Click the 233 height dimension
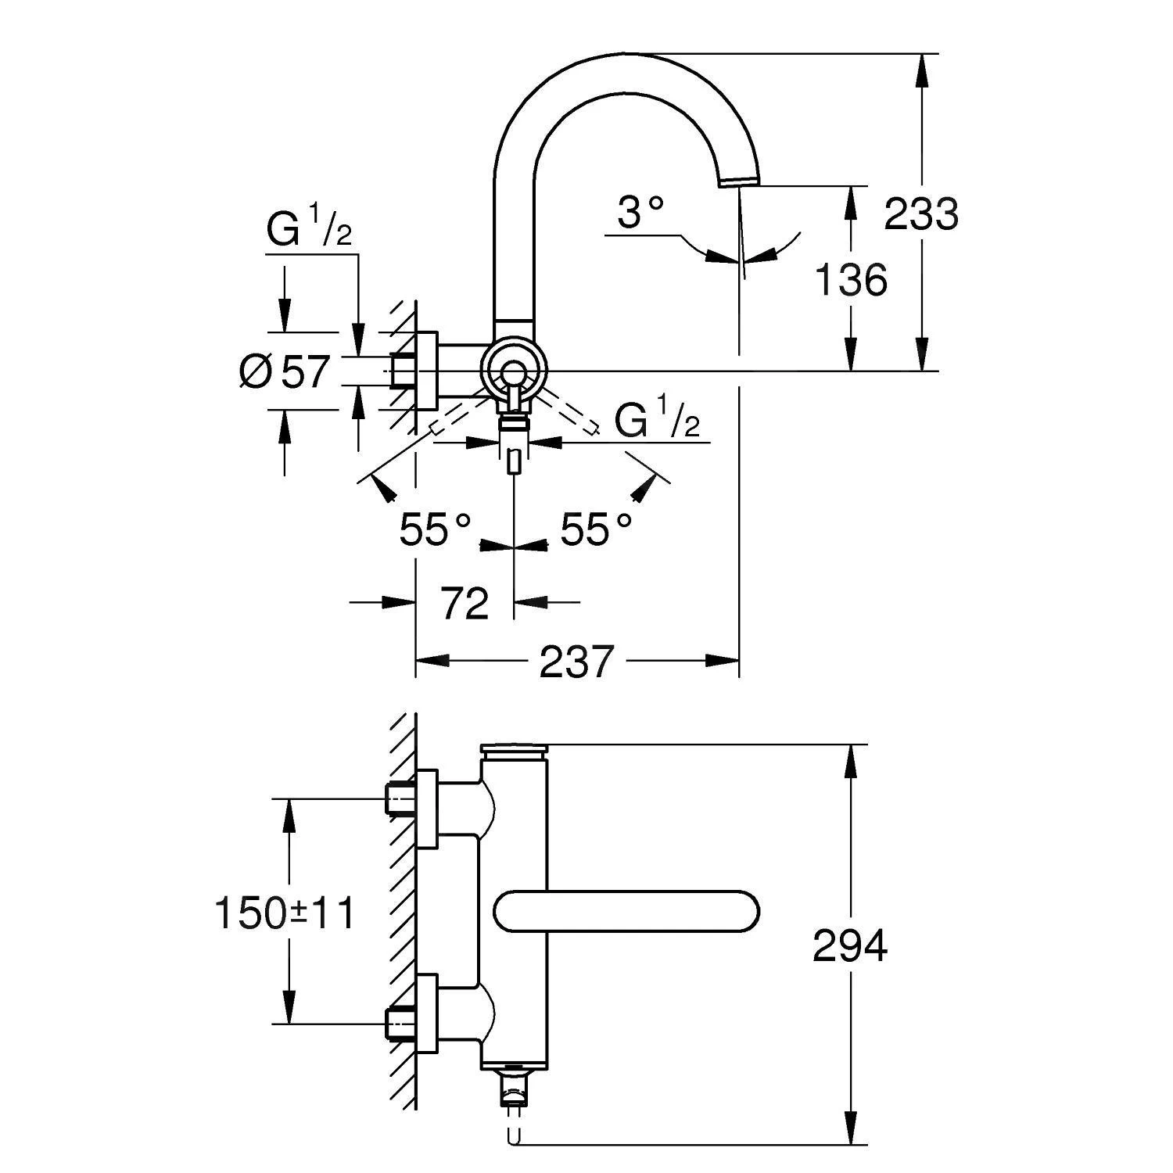point(920,214)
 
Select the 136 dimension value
point(851,279)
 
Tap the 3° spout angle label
point(640,212)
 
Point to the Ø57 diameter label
point(285,371)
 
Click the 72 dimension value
point(465,603)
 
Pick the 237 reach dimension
point(576,662)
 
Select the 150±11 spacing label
point(285,913)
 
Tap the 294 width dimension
point(850,945)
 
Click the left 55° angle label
point(435,529)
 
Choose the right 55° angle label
point(596,529)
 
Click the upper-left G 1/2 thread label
point(309,228)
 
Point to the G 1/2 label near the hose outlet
point(656,421)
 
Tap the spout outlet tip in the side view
point(738,181)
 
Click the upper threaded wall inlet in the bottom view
point(402,798)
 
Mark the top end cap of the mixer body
point(515,752)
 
